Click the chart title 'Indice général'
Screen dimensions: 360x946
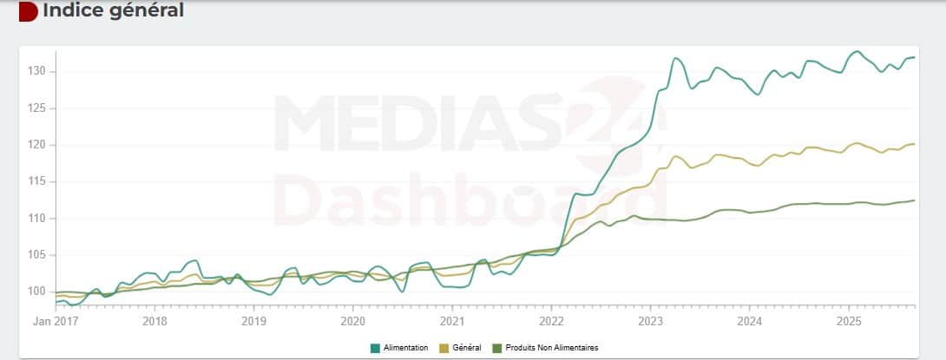(113, 11)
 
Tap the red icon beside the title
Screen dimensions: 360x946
(28, 11)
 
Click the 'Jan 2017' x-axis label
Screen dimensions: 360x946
(56, 321)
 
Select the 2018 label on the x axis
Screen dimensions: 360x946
(154, 321)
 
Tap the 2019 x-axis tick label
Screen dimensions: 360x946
(253, 321)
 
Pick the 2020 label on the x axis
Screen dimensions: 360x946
(352, 321)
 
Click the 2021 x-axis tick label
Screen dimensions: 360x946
(452, 321)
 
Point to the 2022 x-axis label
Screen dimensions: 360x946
(551, 321)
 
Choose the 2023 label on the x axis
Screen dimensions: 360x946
(650, 321)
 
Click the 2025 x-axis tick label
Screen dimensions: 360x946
(848, 321)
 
